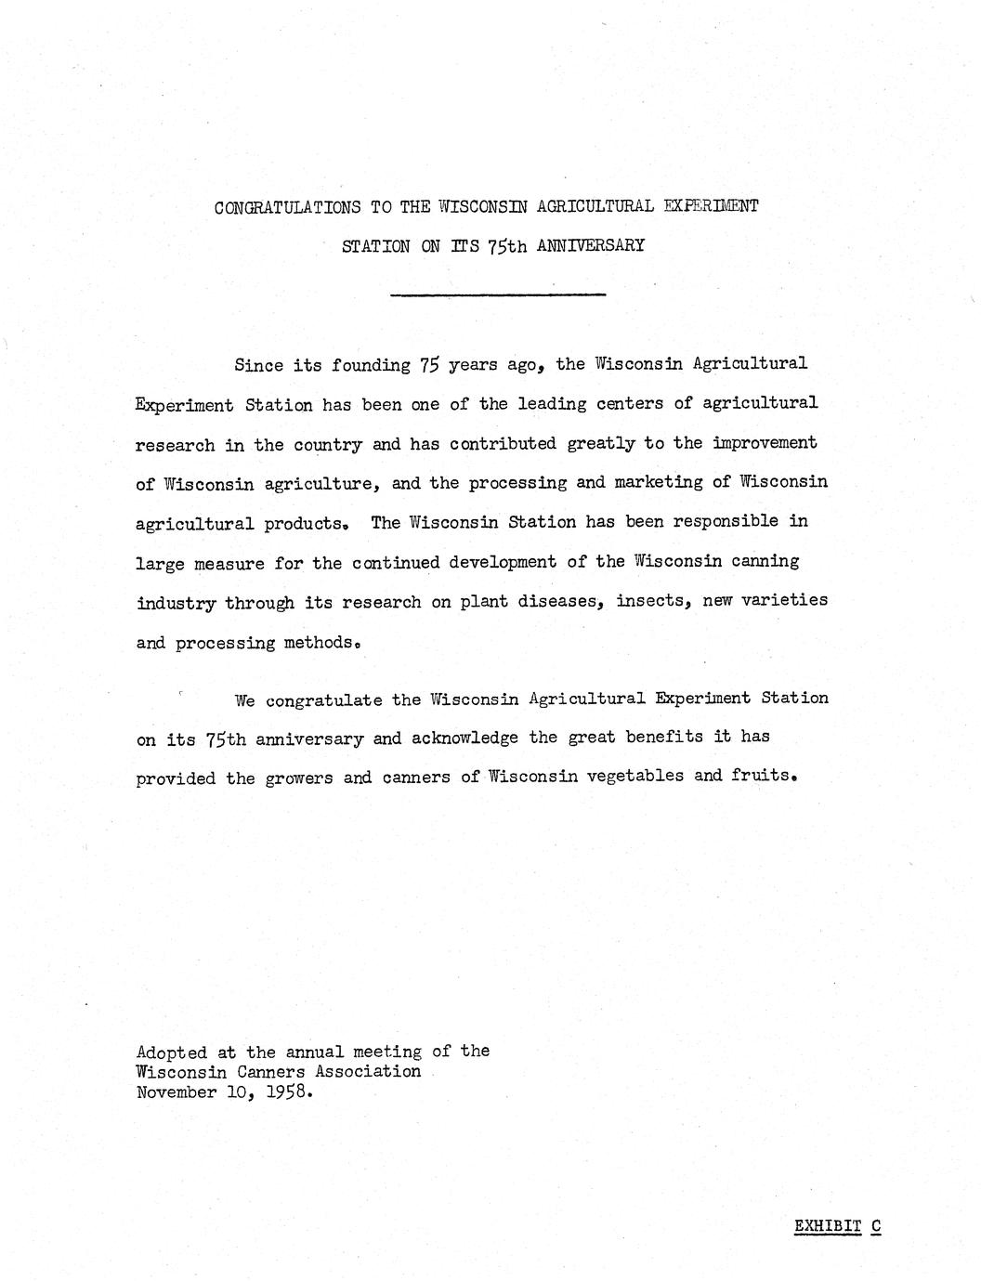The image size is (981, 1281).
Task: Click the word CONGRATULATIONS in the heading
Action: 286,207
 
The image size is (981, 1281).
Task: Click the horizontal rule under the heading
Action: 499,294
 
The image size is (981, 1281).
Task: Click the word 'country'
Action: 328,444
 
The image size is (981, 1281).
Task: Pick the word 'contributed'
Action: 504,443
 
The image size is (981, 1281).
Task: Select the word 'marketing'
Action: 658,482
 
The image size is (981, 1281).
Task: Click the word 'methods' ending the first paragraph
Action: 318,642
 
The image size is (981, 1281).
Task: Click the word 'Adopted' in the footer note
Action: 172,1052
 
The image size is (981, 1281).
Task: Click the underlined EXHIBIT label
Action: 828,1226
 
